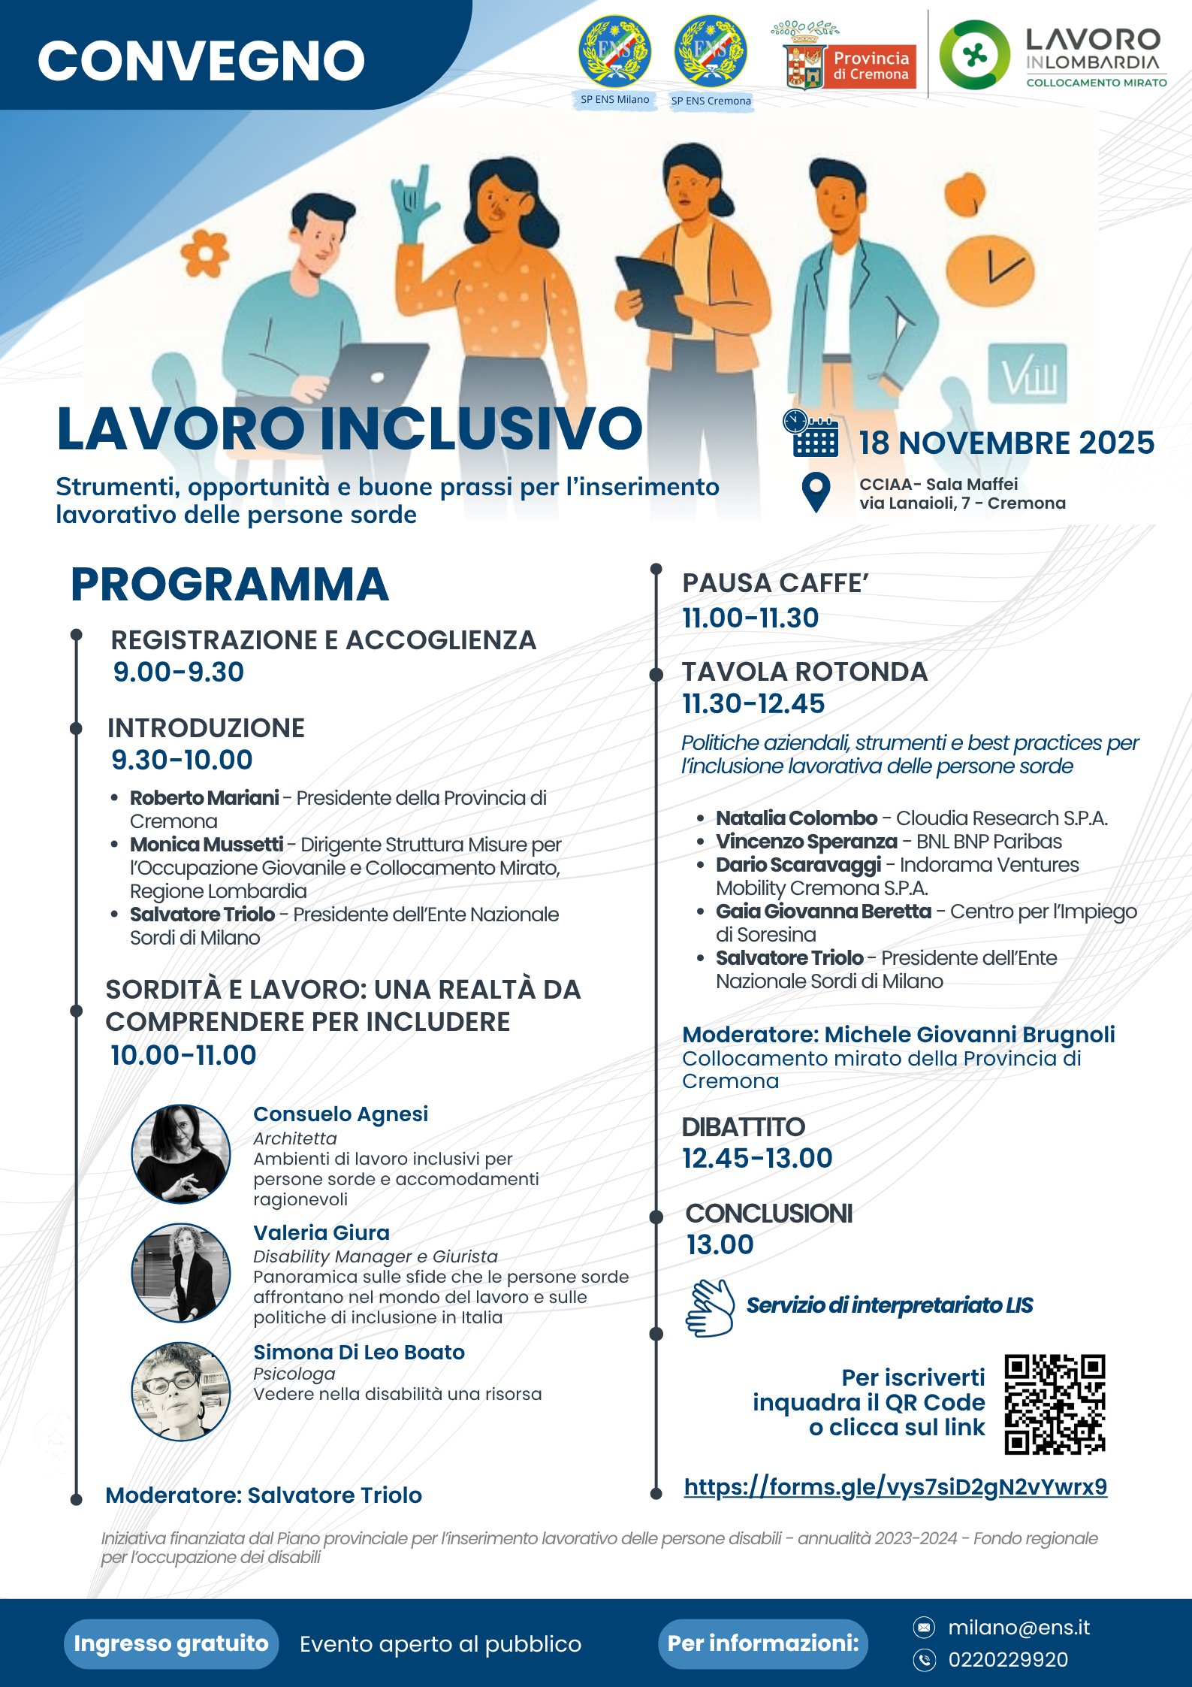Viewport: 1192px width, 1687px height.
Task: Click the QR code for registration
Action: [x=1055, y=1404]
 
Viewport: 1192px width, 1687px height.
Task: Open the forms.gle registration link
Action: [x=895, y=1486]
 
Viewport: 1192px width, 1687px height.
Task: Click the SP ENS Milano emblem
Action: [x=614, y=53]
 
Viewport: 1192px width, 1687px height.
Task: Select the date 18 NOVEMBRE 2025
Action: [x=1006, y=443]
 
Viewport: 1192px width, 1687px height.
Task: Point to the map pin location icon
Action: [x=816, y=492]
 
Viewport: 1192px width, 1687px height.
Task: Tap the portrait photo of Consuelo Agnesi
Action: [x=181, y=1153]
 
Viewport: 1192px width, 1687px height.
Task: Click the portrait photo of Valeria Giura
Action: [x=181, y=1272]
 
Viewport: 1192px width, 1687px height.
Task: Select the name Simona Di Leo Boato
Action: [x=359, y=1353]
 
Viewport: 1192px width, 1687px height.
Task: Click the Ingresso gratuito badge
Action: [x=171, y=1643]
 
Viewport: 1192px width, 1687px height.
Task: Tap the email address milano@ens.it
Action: [x=1018, y=1628]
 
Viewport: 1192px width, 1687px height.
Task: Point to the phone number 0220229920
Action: [x=1008, y=1659]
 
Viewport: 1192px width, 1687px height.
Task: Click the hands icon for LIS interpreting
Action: [x=710, y=1308]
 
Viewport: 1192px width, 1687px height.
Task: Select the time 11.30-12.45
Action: [x=753, y=704]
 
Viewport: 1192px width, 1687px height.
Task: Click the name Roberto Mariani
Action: [x=204, y=798]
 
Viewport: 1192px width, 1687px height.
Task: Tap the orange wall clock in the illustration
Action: [x=990, y=269]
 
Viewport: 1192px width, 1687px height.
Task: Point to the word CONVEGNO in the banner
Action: [x=201, y=61]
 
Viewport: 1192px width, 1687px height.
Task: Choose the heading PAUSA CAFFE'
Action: [x=775, y=583]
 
